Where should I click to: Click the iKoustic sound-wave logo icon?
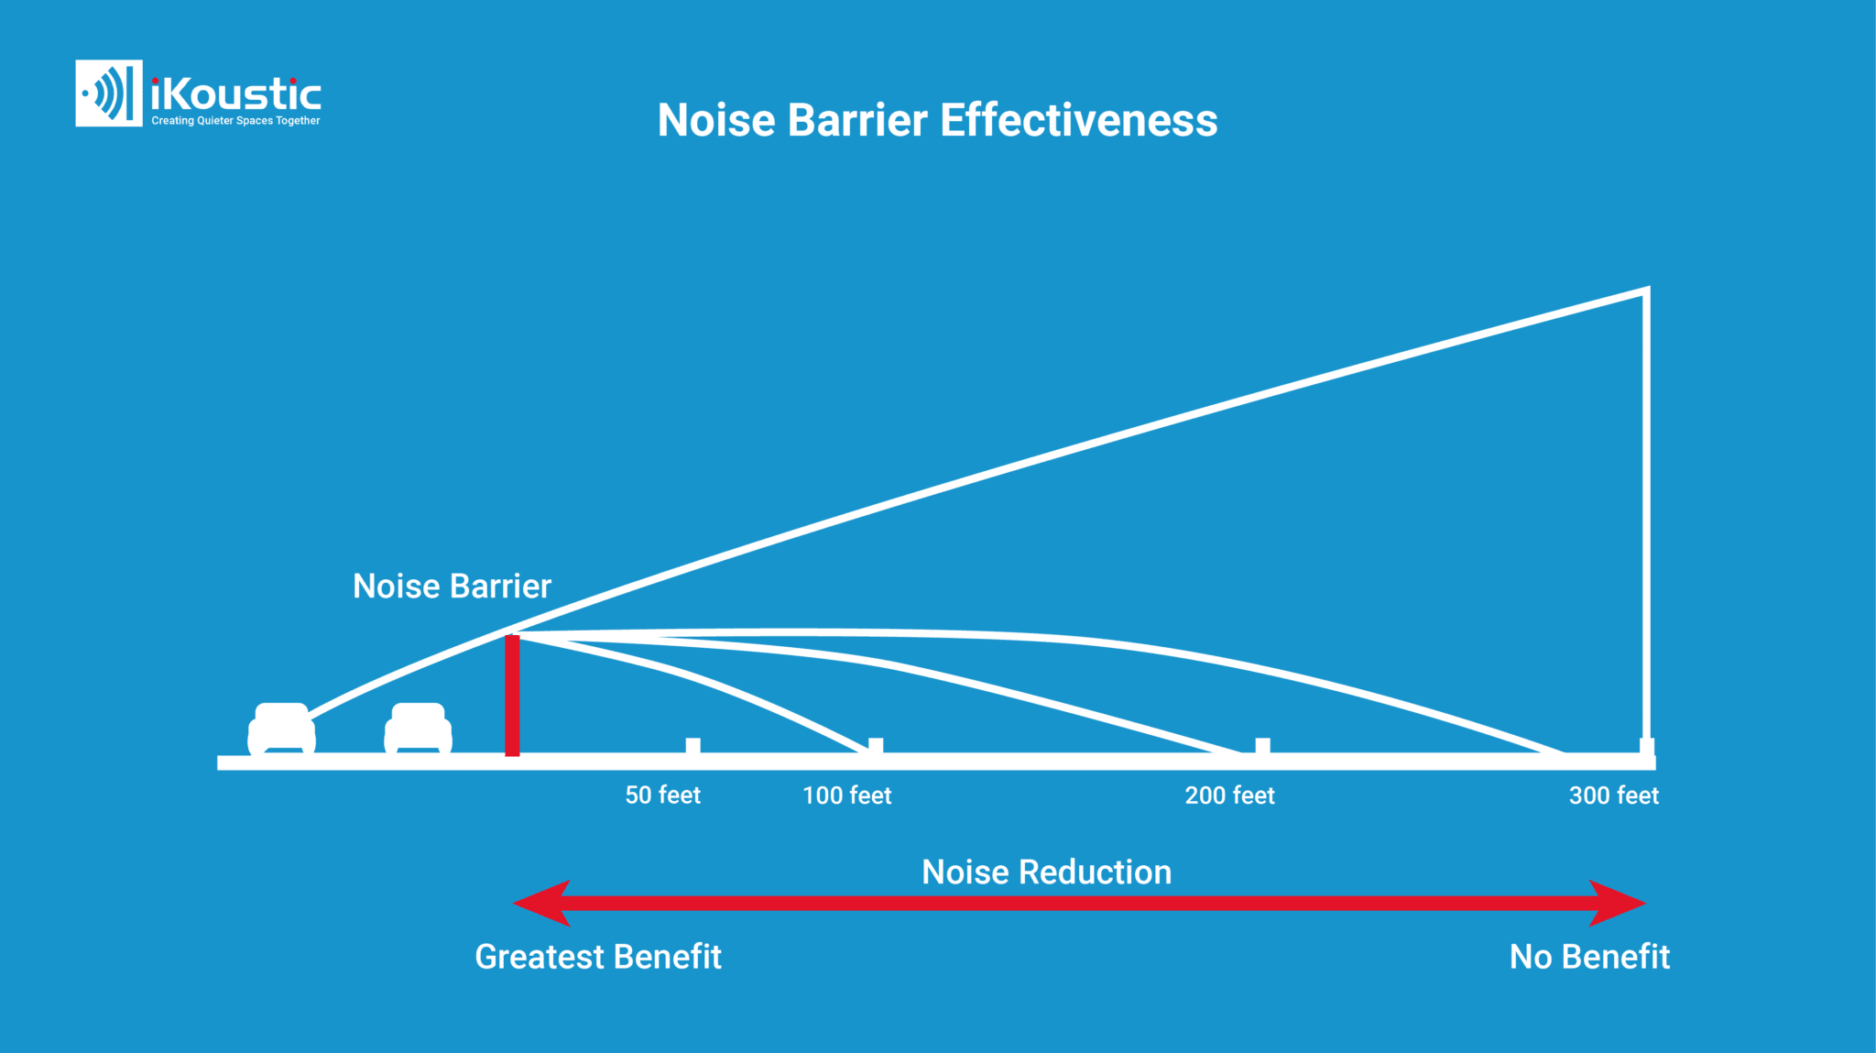click(x=108, y=93)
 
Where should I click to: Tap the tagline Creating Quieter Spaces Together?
click(x=235, y=121)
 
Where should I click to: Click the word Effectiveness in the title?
click(x=1078, y=120)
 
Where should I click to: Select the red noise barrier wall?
click(x=512, y=695)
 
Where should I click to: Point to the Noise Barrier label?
click(x=452, y=587)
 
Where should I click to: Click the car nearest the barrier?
click(x=418, y=729)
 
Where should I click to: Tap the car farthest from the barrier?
click(x=281, y=729)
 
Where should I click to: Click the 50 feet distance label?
click(x=662, y=795)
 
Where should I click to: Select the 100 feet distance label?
click(x=846, y=795)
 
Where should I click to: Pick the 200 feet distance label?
click(x=1229, y=795)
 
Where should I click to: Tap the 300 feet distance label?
click(x=1613, y=795)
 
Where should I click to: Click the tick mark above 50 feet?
click(x=693, y=746)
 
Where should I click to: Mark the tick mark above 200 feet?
click(x=1262, y=746)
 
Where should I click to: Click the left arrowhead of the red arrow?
click(x=540, y=903)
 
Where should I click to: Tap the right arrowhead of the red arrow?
click(x=1620, y=903)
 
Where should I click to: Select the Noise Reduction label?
click(x=1046, y=872)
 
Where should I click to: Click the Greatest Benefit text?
click(x=598, y=957)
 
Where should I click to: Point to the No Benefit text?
click(x=1589, y=957)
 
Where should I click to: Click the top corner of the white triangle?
click(x=1645, y=291)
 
